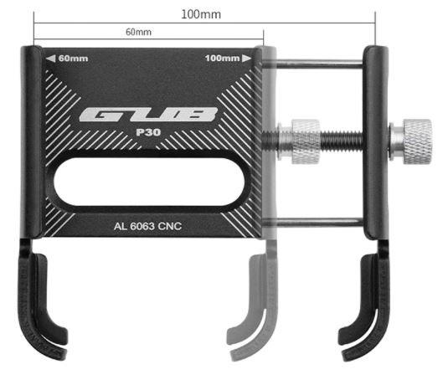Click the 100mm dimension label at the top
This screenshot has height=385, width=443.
[x=201, y=14]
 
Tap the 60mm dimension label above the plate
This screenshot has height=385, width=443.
[x=138, y=32]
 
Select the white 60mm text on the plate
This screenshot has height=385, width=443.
[x=73, y=59]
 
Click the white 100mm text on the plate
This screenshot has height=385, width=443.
[x=223, y=59]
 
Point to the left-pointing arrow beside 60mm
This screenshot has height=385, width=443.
[x=51, y=59]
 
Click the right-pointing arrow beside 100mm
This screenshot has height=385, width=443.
[x=247, y=59]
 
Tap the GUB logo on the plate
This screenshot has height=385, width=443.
[x=149, y=115]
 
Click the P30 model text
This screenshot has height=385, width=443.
[x=148, y=132]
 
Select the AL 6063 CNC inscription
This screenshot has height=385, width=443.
[x=147, y=226]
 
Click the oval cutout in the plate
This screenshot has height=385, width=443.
[x=149, y=182]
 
